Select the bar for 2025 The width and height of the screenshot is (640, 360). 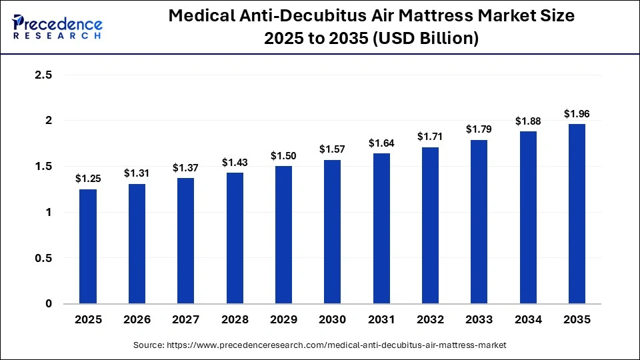pos(88,247)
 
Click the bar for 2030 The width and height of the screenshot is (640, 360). pos(333,232)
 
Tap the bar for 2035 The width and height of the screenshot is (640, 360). pos(577,214)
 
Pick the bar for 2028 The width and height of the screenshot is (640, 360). pos(235,238)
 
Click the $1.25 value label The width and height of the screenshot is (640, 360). pos(88,179)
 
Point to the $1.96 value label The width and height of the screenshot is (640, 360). pos(577,113)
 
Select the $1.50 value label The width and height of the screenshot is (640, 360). pos(284,155)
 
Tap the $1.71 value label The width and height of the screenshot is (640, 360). pos(431,136)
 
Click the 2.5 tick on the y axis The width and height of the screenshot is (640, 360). pos(43,75)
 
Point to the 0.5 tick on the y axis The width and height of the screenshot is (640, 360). pos(43,258)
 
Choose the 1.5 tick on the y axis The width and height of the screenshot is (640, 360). pos(43,167)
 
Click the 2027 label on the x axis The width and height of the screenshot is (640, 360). pos(186,320)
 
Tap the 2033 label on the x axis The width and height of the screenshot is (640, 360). pos(479,320)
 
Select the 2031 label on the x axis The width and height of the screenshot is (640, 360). pos(381,320)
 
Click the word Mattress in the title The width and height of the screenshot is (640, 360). pos(433,17)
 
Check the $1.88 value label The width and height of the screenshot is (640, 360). pos(529,121)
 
